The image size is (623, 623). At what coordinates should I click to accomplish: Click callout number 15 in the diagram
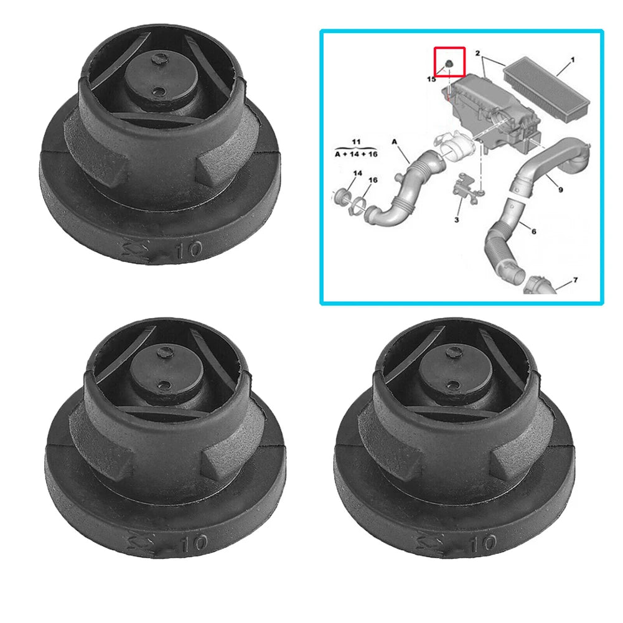click(431, 80)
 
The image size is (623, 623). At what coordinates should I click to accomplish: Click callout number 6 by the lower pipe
click(533, 232)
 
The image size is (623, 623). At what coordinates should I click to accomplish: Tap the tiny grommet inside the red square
click(448, 65)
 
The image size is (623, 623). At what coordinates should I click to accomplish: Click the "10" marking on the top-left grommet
click(188, 251)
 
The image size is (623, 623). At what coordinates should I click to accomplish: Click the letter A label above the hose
click(395, 142)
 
